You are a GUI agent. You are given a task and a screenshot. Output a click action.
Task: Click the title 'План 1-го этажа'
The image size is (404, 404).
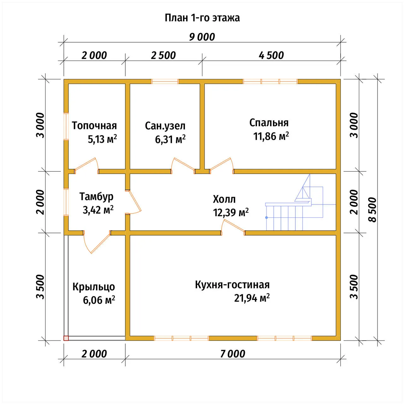tap(202, 18)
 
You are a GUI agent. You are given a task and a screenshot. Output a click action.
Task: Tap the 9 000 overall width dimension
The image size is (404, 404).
tap(202, 37)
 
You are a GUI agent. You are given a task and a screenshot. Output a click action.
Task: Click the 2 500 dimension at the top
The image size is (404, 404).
tap(163, 56)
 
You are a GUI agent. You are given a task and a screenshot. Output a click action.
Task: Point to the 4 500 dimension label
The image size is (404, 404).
tap(271, 56)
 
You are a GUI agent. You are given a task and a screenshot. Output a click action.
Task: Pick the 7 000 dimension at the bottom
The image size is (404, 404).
tap(233, 354)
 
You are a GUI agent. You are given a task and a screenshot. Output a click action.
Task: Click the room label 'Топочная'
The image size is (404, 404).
tap(94, 126)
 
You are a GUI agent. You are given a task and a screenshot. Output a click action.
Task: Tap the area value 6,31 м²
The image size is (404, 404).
tap(170, 139)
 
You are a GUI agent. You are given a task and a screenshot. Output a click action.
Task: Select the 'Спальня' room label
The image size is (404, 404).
tap(269, 123)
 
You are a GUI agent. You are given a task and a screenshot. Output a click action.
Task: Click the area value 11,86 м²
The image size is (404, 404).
tap(271, 136)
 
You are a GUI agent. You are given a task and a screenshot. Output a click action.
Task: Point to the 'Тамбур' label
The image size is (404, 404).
tap(97, 197)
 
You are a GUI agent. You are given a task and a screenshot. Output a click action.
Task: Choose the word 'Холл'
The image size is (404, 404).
tap(224, 199)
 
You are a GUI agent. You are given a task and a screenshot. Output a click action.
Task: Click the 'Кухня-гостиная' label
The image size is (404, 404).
tap(232, 285)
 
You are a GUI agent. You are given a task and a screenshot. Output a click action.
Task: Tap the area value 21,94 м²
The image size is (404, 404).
tap(252, 298)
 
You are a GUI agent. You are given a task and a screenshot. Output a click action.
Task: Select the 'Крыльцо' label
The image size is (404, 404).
tap(94, 287)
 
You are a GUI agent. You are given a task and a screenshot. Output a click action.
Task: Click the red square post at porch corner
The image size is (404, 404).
tap(66, 338)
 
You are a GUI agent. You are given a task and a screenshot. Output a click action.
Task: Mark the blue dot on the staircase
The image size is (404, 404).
tap(266, 217)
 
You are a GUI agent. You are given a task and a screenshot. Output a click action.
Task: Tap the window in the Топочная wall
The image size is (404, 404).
tap(66, 126)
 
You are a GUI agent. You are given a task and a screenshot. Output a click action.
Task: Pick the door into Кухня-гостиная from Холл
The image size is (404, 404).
tap(233, 227)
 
